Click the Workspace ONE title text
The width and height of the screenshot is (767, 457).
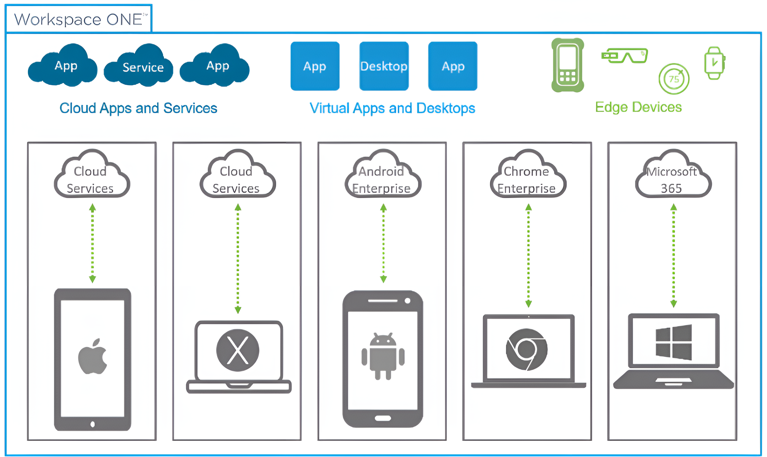79,19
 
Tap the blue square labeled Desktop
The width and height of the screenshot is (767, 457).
384,66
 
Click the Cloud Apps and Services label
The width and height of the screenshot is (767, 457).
138,108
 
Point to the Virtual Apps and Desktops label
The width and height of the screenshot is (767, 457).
392,108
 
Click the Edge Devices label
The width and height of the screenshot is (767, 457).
638,107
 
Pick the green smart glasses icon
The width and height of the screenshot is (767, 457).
625,56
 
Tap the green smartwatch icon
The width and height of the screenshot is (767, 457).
715,63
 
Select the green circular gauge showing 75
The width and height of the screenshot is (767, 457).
674,79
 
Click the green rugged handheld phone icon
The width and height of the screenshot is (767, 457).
568,65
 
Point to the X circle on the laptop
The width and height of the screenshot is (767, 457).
237,350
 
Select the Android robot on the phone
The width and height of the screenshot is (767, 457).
383,356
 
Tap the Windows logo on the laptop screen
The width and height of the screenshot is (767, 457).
674,342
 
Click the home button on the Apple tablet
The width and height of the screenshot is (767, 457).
92,424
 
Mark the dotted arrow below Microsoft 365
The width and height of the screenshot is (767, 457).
674,255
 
